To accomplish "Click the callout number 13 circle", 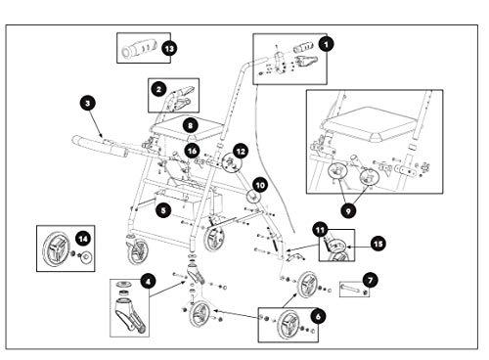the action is pyautogui.click(x=169, y=49).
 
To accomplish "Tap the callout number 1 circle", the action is pyautogui.click(x=327, y=43).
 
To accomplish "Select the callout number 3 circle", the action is pyautogui.click(x=87, y=104).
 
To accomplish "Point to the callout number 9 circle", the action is pyautogui.click(x=348, y=211).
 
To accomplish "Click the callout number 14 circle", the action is pyautogui.click(x=83, y=239).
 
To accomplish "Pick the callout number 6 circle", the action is pyautogui.click(x=318, y=316).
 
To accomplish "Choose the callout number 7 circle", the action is pyautogui.click(x=371, y=280).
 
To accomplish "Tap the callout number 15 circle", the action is pyautogui.click(x=378, y=244).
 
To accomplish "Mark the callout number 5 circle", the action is pyautogui.click(x=163, y=210).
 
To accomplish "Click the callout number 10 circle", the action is pyautogui.click(x=260, y=186).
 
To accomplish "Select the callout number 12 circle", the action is pyautogui.click(x=241, y=152).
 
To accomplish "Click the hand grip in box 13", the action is pyautogui.click(x=139, y=48).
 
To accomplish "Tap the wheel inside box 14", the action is pyautogui.click(x=56, y=248).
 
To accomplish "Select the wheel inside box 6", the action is pyautogui.click(x=289, y=325).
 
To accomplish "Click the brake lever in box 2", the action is pyautogui.click(x=183, y=97).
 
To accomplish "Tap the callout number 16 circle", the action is pyautogui.click(x=192, y=151).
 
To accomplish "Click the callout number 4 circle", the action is pyautogui.click(x=148, y=281).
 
